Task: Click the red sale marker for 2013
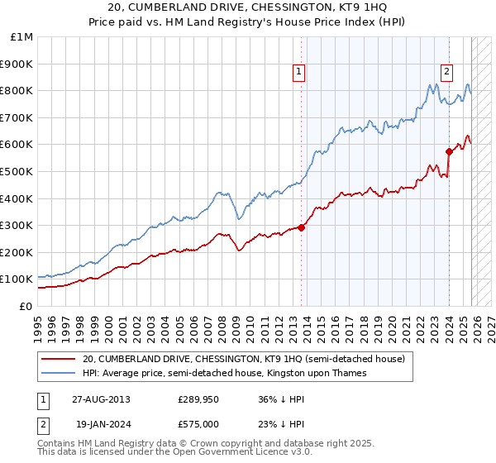pos(301,228)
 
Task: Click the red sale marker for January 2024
pos(449,151)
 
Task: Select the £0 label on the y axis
pos(25,306)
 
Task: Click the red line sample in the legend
pos(59,360)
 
